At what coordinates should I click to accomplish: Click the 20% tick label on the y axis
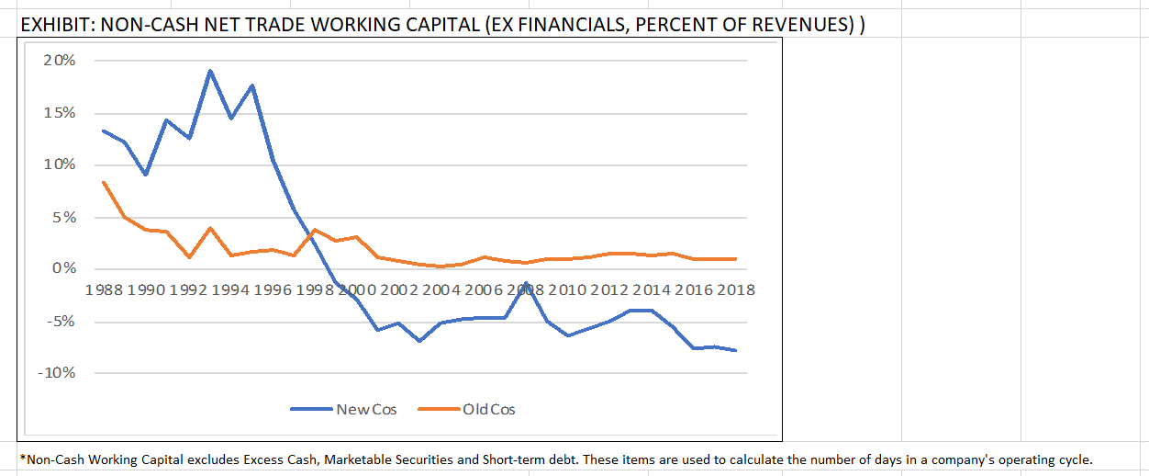tap(60, 61)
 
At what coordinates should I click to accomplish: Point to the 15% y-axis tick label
tap(60, 113)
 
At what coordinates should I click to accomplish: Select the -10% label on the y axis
tap(57, 373)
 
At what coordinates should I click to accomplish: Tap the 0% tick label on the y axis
tap(64, 268)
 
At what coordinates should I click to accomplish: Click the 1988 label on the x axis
tap(105, 290)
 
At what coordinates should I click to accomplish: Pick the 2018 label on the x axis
tap(735, 290)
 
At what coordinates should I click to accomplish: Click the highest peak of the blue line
tap(210, 71)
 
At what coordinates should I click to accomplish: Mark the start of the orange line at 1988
tap(104, 182)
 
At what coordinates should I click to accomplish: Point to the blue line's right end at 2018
tap(736, 350)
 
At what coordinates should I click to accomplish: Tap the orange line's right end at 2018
tap(736, 259)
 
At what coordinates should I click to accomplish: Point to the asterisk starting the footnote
tap(22, 458)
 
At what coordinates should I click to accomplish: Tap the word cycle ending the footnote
tap(1074, 459)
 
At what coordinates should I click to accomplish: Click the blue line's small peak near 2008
tap(526, 283)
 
